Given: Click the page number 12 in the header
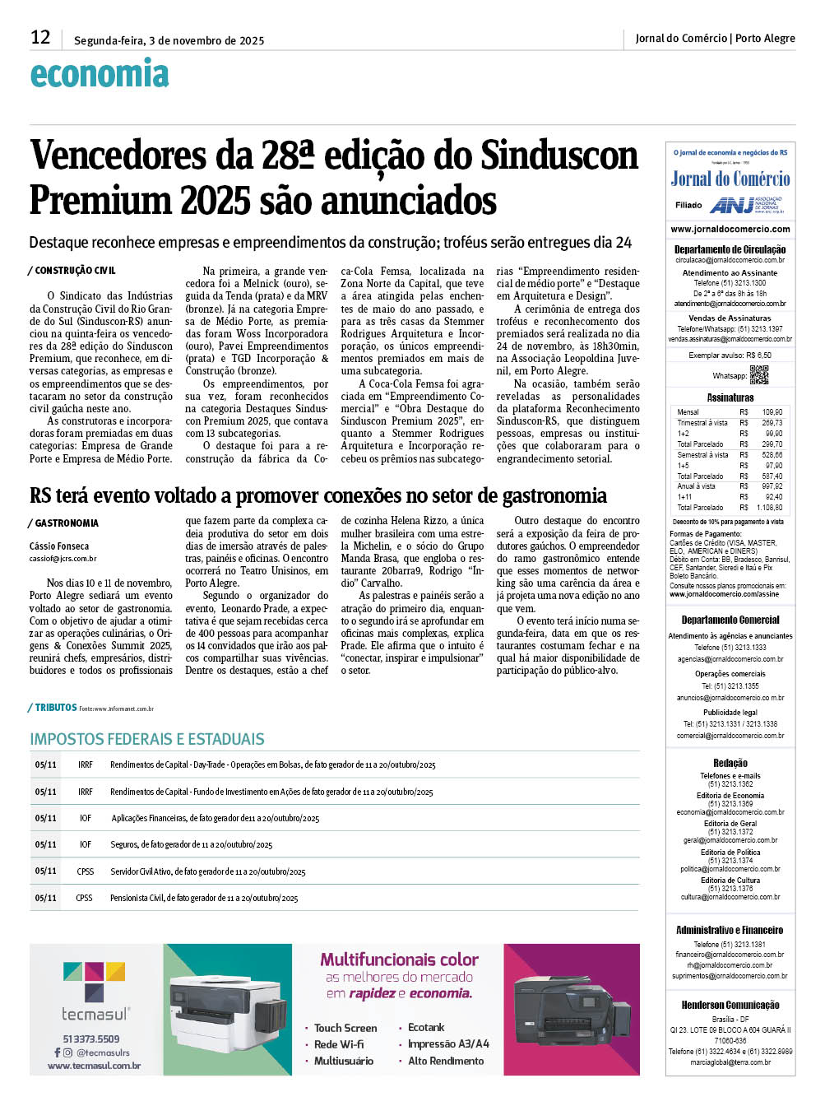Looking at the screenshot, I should (x=40, y=38).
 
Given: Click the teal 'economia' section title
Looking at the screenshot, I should (x=100, y=74).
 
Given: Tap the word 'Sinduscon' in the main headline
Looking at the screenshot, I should (x=558, y=156).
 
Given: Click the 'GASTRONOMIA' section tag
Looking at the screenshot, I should (x=67, y=523).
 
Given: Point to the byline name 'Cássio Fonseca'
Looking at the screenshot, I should (x=59, y=546).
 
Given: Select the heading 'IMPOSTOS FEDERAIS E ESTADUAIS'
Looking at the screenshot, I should (x=147, y=739).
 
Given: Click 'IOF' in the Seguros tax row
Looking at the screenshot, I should (x=86, y=844).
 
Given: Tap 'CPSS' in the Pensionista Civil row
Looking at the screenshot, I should (x=85, y=898).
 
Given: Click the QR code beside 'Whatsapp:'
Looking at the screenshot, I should (x=758, y=375).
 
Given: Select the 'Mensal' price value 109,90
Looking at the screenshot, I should (x=772, y=411).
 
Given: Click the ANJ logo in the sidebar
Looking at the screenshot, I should (x=730, y=205).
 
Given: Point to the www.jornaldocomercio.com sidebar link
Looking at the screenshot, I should (x=730, y=230).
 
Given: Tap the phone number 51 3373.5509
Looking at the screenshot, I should (x=91, y=1039).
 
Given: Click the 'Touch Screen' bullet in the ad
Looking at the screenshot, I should (x=345, y=1028).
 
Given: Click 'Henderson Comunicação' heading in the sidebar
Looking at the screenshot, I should (x=730, y=1005).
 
